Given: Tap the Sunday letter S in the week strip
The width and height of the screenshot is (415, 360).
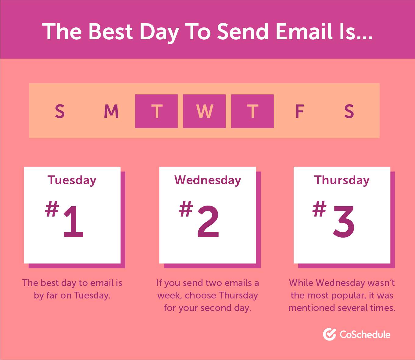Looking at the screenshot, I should pos(60,111).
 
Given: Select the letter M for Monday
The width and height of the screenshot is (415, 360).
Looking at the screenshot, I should pos(111,111).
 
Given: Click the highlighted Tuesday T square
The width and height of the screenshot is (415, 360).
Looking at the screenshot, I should pos(156,111).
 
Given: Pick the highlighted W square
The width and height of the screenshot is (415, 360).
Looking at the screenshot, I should pos(204,111).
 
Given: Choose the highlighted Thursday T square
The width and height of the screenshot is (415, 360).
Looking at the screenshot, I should pos(252,111).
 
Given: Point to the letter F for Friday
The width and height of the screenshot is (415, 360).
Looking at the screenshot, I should pos(299,111).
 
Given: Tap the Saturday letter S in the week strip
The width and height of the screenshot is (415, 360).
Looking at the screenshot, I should pos(349,111).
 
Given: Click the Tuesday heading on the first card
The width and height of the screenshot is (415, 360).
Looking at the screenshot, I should pos(72,180).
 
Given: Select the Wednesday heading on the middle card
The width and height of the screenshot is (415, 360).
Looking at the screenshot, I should pos(208,180).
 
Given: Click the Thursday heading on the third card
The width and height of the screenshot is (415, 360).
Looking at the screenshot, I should pos(342,180).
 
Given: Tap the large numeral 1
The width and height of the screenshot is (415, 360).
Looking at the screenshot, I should pos(73,221).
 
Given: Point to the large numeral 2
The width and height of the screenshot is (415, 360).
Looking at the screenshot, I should pos(208,221).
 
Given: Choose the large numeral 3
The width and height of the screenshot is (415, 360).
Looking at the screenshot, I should pos(344,221).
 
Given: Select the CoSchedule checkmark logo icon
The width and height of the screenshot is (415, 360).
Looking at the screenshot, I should pos(329,334).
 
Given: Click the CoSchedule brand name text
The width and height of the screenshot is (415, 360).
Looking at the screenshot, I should pos(365,335).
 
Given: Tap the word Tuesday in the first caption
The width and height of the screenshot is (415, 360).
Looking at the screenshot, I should pos(92,295).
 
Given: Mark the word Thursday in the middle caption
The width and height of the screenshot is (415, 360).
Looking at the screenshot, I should pos(238,295).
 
